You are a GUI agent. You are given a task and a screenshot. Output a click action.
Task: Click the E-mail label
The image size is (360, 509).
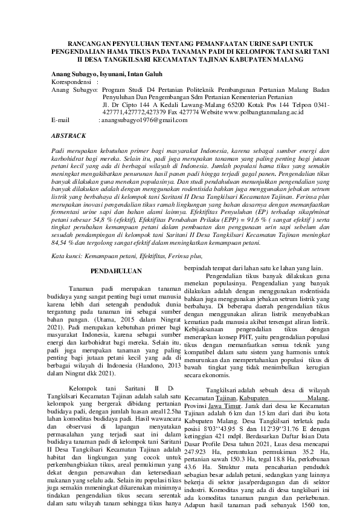62,120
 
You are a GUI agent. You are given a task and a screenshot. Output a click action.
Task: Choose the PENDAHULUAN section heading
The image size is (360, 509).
115,271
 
